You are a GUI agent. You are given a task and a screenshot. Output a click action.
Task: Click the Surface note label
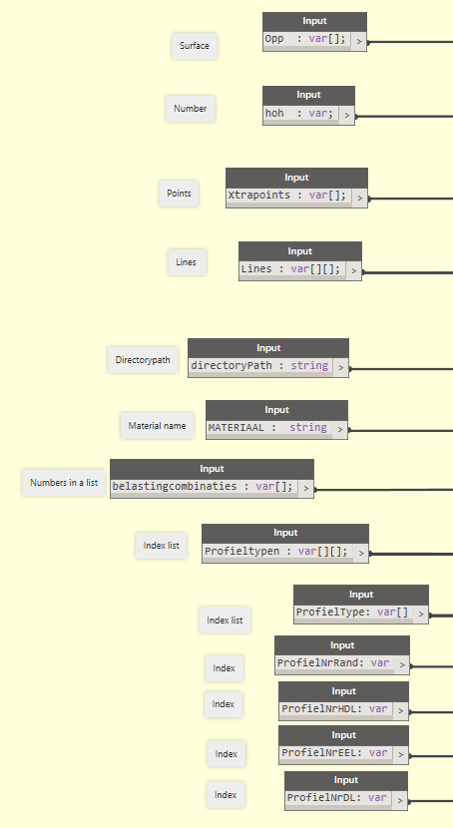coord(195,46)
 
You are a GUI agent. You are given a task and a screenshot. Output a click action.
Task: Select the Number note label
coord(191,109)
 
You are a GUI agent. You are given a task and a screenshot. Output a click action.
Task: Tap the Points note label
coord(179,194)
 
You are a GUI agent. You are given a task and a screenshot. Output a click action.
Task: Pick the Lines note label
coord(187,262)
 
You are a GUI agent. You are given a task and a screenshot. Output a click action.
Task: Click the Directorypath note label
coord(143,360)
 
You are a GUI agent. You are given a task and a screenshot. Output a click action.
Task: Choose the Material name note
coord(157,425)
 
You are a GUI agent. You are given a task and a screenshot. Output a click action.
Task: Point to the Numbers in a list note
coord(64,482)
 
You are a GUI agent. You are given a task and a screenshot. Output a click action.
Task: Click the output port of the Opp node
coord(359,41)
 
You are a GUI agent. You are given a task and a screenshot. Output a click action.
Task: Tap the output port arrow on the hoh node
coord(347,115)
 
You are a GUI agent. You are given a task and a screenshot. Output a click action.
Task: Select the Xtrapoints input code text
coord(286,195)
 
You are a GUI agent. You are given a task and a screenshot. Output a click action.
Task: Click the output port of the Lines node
coord(354,271)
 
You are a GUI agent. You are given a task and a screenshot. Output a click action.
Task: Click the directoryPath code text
coord(259,365)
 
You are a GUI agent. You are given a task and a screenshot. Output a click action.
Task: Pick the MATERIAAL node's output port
coord(340,429)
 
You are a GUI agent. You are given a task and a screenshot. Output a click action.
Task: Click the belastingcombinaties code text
coord(203,487)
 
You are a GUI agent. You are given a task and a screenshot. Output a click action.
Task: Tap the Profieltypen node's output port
coord(361,553)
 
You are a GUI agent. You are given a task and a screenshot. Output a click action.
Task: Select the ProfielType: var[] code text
coord(352,613)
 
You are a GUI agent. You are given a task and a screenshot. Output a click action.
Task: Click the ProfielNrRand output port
coord(402,664)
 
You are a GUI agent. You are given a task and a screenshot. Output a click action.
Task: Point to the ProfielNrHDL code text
coord(334,708)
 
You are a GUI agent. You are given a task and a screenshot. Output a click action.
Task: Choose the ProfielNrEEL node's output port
coord(401,754)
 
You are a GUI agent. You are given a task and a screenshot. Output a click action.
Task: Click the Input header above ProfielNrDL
coord(346,780)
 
